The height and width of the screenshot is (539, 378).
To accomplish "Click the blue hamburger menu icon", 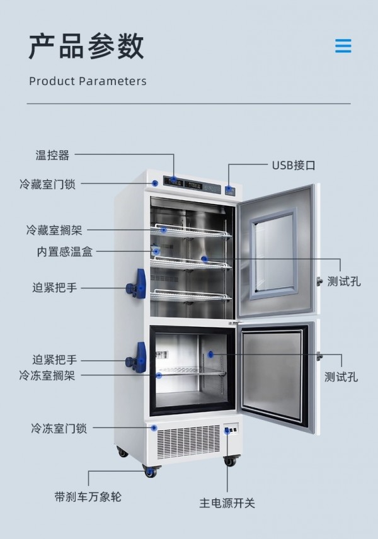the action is click(343, 46).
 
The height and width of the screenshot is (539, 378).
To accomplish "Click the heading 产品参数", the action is click(86, 46).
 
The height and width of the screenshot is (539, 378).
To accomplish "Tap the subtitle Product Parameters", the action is click(88, 81).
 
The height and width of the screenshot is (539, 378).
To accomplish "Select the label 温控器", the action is click(52, 155).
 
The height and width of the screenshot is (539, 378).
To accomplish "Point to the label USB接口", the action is click(294, 166).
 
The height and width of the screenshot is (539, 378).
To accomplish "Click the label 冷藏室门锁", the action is click(47, 184).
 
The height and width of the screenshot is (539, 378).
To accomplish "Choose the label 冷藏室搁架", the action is click(54, 230).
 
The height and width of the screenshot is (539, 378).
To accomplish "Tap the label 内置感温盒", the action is click(65, 252).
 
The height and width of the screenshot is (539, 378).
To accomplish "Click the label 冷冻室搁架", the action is click(47, 375).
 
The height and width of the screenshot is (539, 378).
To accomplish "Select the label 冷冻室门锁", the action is click(59, 428).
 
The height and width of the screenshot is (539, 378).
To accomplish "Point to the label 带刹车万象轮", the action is click(88, 497).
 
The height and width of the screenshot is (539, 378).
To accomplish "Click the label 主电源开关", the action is click(227, 503).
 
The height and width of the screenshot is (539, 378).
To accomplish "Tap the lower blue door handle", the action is click(137, 357).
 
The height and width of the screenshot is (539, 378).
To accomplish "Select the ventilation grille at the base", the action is click(188, 441).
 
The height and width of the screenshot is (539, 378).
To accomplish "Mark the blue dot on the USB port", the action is click(229, 189).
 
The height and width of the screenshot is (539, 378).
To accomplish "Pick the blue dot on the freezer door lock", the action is click(154, 428).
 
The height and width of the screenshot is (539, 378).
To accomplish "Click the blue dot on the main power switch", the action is click(227, 430).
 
